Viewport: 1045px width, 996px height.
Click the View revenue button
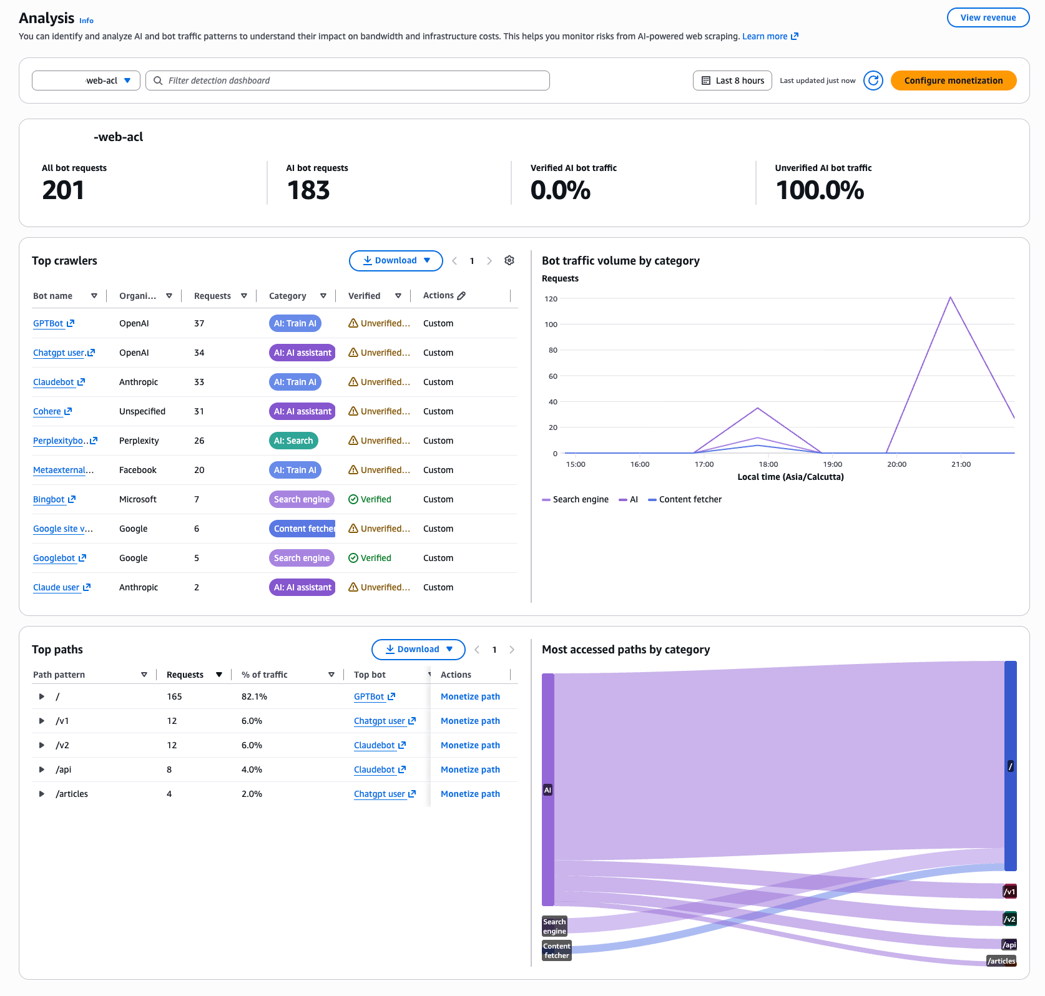988,17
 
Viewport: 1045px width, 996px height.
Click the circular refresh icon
873,81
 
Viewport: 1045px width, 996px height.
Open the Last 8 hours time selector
732,81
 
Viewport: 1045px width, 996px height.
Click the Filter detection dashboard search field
348,81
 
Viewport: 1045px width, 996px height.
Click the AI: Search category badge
293,441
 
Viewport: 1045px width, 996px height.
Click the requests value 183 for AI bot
308,190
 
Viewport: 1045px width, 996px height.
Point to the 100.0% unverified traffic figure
820,190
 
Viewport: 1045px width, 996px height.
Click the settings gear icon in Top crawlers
509,261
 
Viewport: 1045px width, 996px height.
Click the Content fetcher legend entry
685,499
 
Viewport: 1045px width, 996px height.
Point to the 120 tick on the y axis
551,299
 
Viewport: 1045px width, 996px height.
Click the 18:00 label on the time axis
768,464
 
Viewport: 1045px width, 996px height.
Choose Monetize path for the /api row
470,769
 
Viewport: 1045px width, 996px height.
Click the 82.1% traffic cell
254,696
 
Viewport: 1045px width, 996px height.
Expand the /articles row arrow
42,794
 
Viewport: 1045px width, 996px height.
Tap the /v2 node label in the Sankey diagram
1010,919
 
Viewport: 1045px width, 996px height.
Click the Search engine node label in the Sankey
554,926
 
